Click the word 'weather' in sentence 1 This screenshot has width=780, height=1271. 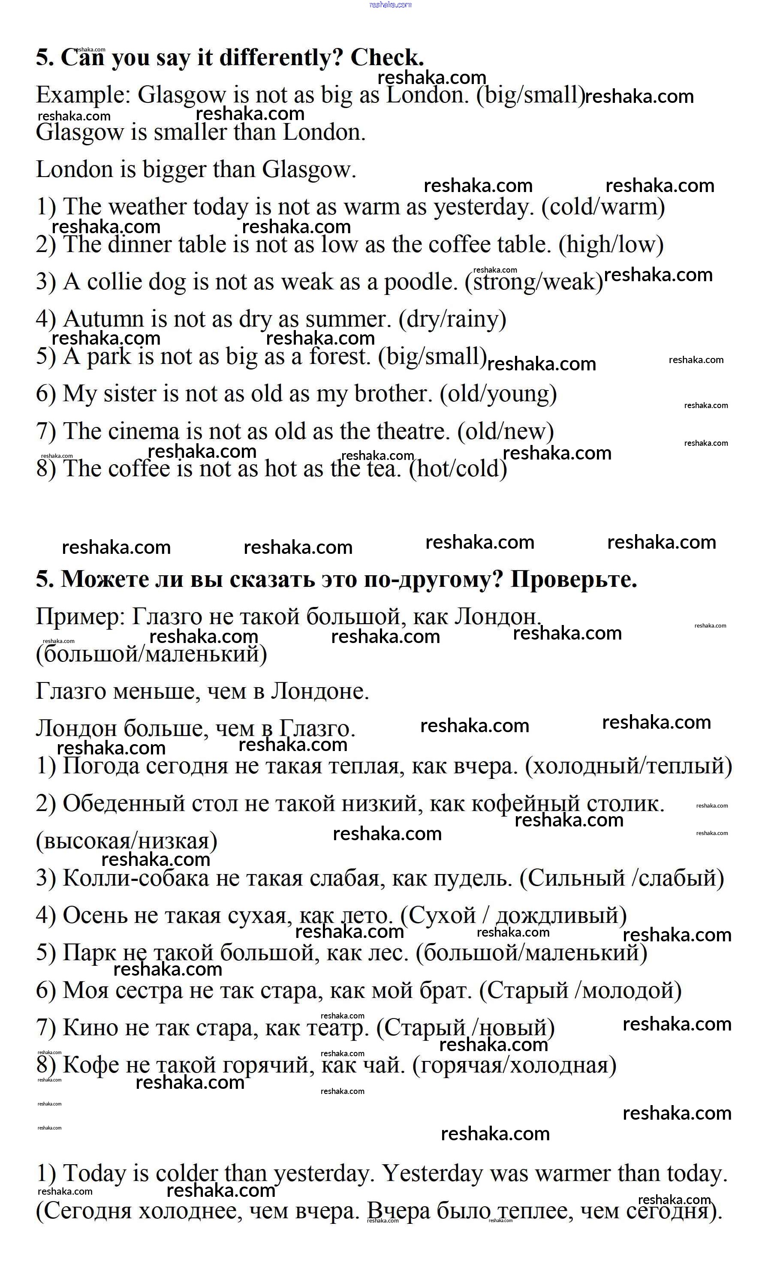(147, 207)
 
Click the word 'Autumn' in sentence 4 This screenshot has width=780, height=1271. (103, 319)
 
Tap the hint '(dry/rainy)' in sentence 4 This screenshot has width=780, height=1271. (452, 320)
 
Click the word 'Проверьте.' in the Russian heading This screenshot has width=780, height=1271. (574, 580)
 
